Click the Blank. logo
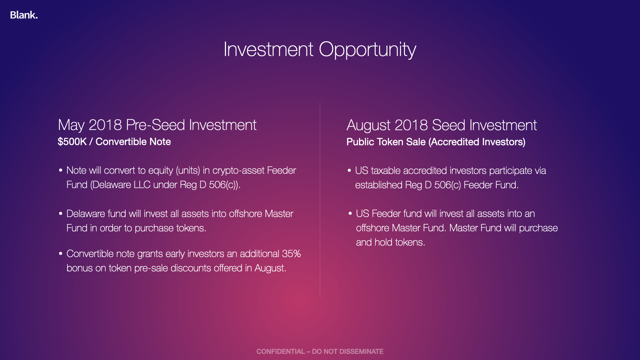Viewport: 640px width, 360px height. pyautogui.click(x=24, y=15)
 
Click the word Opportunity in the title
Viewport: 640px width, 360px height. pyautogui.click(x=367, y=50)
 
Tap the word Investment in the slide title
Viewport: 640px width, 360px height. pyautogui.click(x=268, y=49)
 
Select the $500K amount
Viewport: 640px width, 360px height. pyautogui.click(x=72, y=142)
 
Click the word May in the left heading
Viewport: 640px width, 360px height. pyautogui.click(x=71, y=126)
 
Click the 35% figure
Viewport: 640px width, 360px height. pyautogui.click(x=291, y=254)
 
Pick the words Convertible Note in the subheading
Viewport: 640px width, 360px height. pyautogui.click(x=133, y=142)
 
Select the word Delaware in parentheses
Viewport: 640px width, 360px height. pyautogui.click(x=111, y=185)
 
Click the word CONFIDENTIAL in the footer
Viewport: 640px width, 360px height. pyautogui.click(x=280, y=351)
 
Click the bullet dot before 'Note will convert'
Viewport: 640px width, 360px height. pyautogui.click(x=61, y=170)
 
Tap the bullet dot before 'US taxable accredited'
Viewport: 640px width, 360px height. pyautogui.click(x=349, y=170)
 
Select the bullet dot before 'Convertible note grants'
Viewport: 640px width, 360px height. pyautogui.click(x=61, y=254)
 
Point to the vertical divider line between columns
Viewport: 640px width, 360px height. pyautogui.click(x=320, y=200)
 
